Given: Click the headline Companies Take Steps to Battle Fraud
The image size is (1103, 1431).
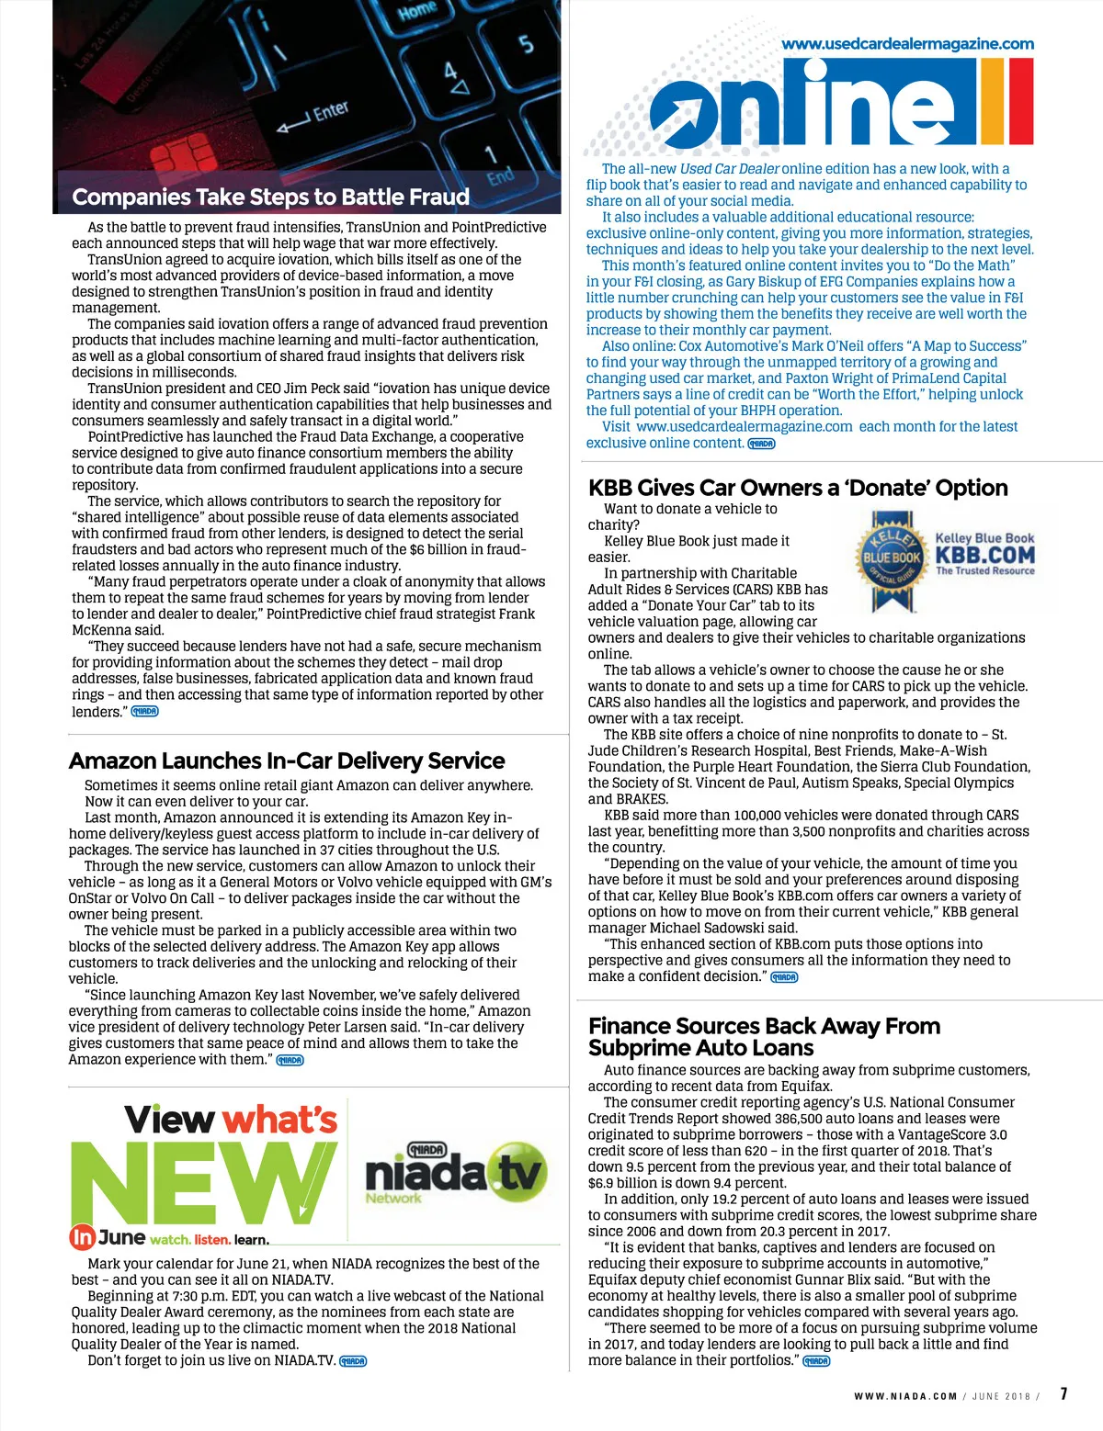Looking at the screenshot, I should click(270, 197).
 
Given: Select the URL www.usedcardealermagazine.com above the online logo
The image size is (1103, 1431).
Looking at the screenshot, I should click(907, 43).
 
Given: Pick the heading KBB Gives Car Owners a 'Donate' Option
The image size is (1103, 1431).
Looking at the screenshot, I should click(798, 488).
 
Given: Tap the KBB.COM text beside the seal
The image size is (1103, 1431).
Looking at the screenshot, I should click(984, 555).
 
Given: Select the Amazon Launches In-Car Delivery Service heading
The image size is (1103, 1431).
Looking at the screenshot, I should click(287, 761).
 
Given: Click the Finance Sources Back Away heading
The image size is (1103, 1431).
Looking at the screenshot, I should click(764, 1036).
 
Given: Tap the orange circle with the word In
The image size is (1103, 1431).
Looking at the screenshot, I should click(82, 1237).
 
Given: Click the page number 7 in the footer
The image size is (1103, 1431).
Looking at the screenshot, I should click(1063, 1393).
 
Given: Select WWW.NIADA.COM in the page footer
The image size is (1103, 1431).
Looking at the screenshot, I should click(905, 1396).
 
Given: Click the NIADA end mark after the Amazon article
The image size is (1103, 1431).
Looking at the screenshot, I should click(290, 1060).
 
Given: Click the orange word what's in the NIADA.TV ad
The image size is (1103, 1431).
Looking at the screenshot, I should click(279, 1120).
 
